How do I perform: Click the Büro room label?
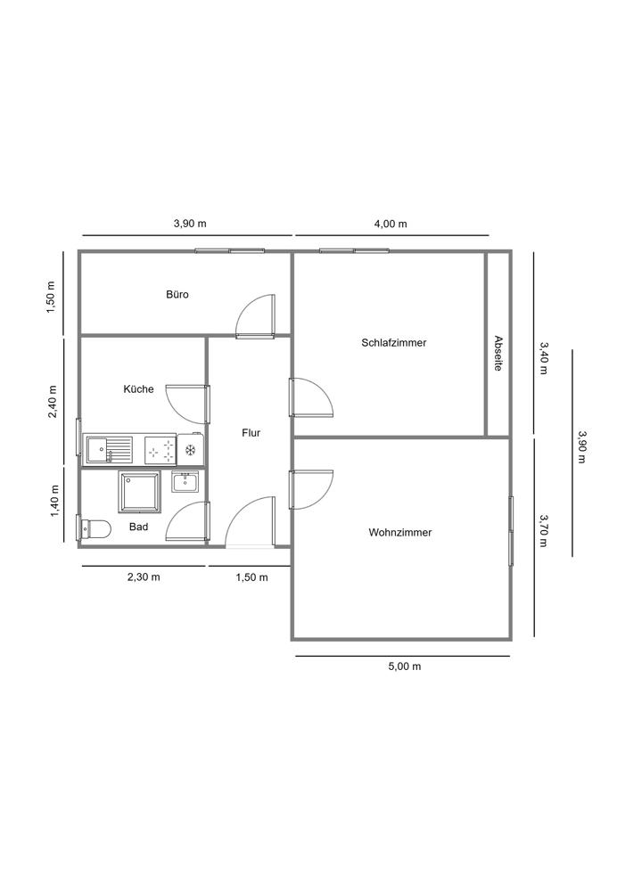pyautogui.click(x=177, y=294)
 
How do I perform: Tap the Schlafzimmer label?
pyautogui.click(x=393, y=342)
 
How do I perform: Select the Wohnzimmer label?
pyautogui.click(x=400, y=532)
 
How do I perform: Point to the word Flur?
pyautogui.click(x=251, y=433)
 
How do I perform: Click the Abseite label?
pyautogui.click(x=498, y=354)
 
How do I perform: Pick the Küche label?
pyautogui.click(x=138, y=388)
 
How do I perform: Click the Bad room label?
pyautogui.click(x=138, y=527)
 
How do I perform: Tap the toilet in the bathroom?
pyautogui.click(x=94, y=529)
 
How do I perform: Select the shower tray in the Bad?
pyautogui.click(x=140, y=492)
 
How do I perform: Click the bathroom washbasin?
pyautogui.click(x=186, y=482)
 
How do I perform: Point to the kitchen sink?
pyautogui.click(x=108, y=448)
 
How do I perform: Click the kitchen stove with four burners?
pyautogui.click(x=161, y=449)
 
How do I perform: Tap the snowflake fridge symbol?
pyautogui.click(x=190, y=449)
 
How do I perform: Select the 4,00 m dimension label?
pyautogui.click(x=391, y=224)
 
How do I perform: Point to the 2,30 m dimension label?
pyautogui.click(x=144, y=576)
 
